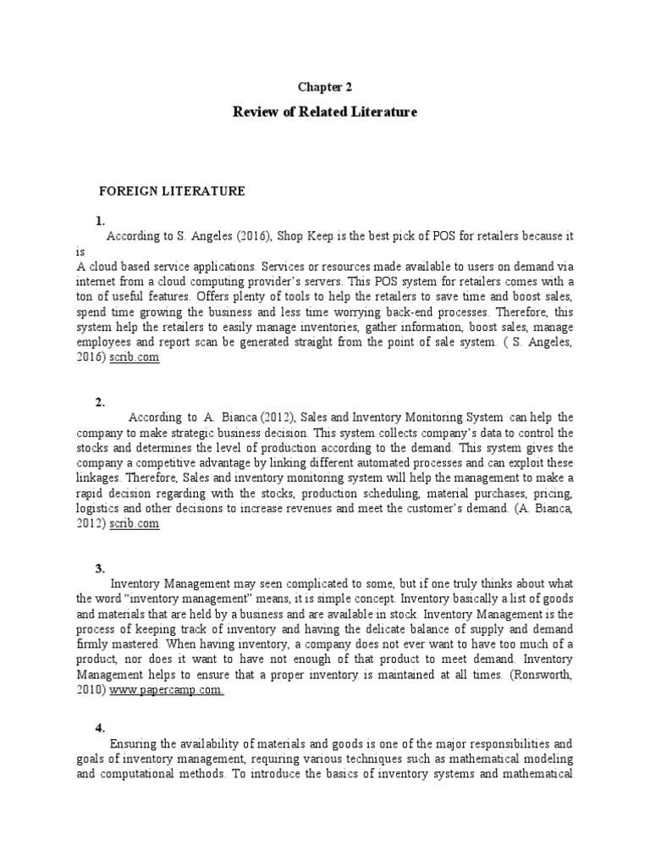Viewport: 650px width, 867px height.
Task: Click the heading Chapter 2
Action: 324,86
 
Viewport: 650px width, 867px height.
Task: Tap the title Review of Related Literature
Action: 325,112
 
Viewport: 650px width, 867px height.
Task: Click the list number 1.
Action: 100,221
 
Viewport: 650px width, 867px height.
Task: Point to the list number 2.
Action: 100,403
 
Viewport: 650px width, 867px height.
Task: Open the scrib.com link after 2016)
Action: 133,358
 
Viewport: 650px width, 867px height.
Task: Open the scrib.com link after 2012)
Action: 133,524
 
